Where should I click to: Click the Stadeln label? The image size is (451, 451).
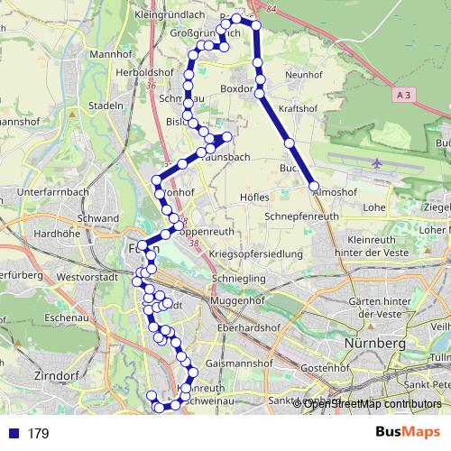[x=106, y=106]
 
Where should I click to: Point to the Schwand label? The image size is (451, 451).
[x=98, y=218]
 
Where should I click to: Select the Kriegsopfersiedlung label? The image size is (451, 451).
[x=255, y=255]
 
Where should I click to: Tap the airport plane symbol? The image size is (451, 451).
[x=375, y=164]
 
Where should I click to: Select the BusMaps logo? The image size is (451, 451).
[x=408, y=433]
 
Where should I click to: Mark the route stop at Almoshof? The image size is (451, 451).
[x=315, y=187]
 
